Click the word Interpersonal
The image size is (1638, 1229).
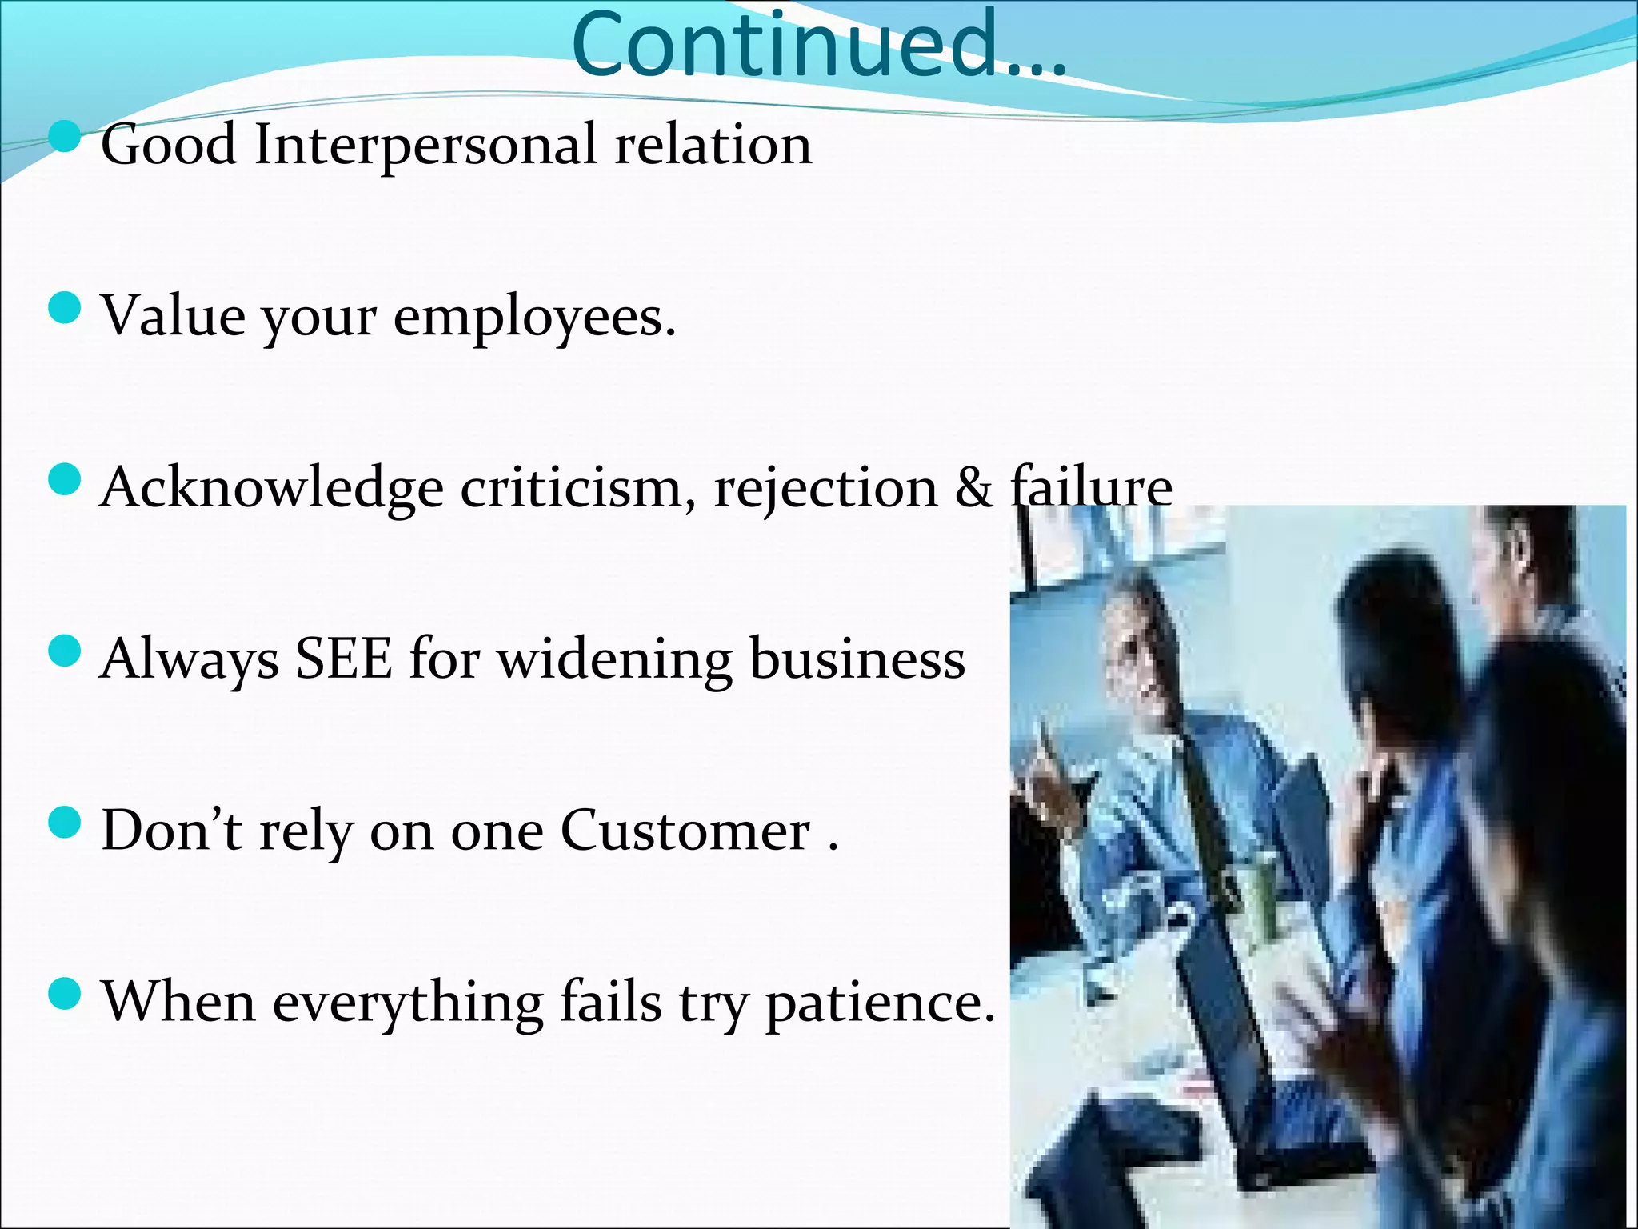click(x=425, y=146)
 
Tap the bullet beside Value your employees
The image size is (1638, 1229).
click(x=65, y=308)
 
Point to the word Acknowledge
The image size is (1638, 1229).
click(x=271, y=488)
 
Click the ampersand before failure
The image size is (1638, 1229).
click(x=973, y=488)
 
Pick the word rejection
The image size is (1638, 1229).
click(x=825, y=488)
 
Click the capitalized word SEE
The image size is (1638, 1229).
click(x=344, y=659)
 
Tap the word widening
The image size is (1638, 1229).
click(x=614, y=661)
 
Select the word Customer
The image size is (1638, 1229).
click(x=685, y=831)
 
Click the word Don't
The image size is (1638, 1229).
click(x=171, y=831)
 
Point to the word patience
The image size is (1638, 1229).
click(x=880, y=1003)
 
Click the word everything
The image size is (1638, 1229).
click(x=408, y=1003)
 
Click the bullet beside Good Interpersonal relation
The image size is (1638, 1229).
click(x=65, y=137)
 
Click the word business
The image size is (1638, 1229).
click(x=857, y=659)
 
